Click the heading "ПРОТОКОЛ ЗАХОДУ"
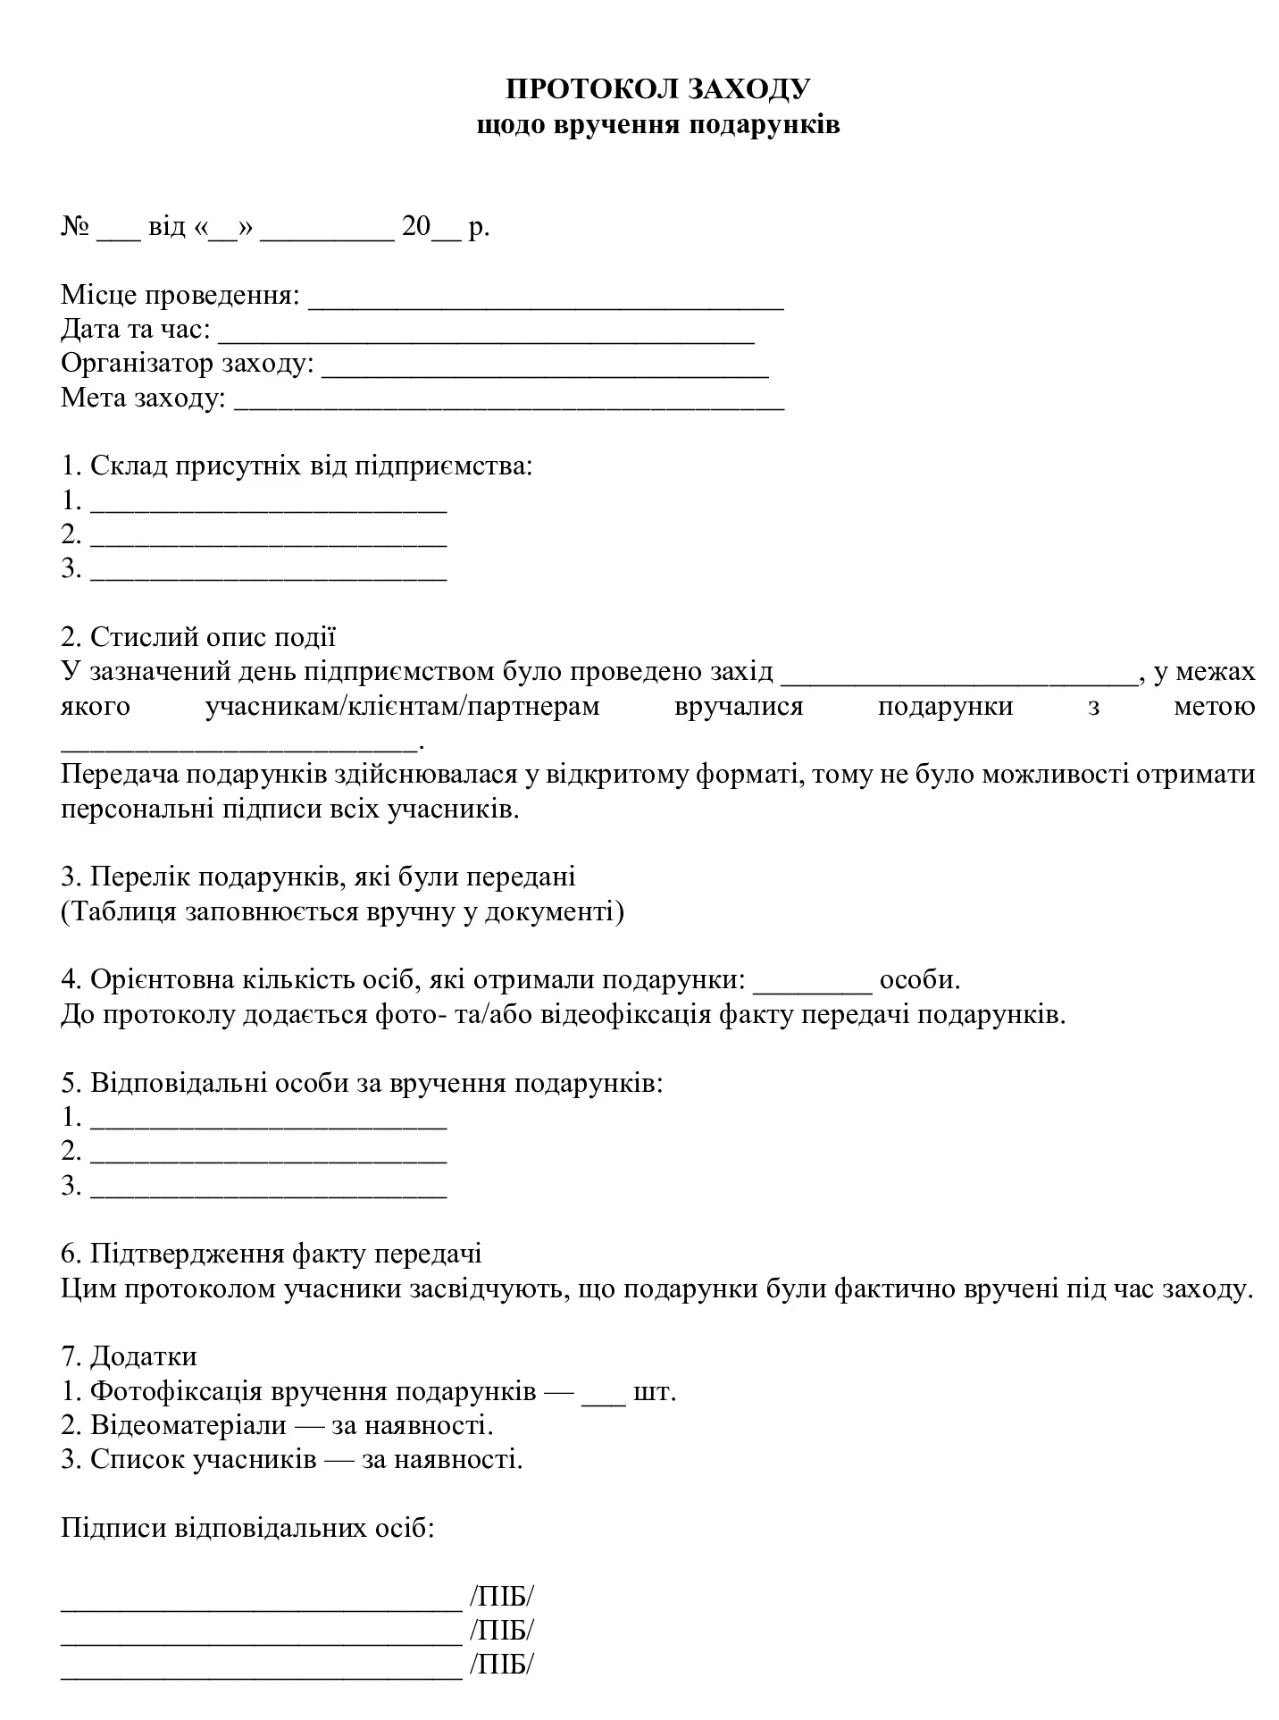click(658, 88)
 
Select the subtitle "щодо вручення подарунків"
click(658, 123)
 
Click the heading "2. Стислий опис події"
click(198, 637)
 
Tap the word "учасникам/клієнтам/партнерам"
click(402, 706)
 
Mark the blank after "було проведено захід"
click(960, 676)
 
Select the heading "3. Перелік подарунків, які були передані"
click(318, 877)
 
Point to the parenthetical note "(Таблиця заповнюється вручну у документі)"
click(342, 911)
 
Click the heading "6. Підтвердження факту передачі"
click(272, 1254)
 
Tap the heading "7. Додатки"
click(129, 1356)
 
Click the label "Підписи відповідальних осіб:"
click(247, 1528)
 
